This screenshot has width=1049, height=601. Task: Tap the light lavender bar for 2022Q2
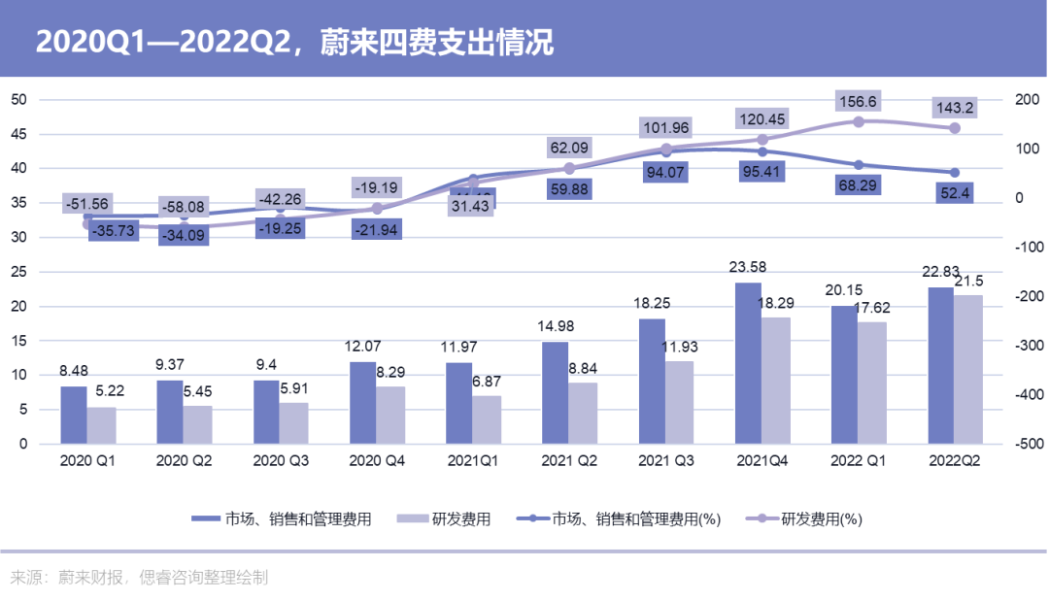click(968, 369)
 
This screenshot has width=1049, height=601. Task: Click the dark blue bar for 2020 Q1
click(73, 415)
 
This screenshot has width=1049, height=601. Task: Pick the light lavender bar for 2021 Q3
click(680, 402)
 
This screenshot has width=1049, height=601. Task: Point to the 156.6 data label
click(857, 101)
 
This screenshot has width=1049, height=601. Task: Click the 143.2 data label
click(953, 107)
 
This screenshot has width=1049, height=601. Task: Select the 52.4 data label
click(953, 193)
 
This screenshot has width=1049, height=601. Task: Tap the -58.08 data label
click(184, 207)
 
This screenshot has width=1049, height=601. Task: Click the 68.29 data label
click(857, 184)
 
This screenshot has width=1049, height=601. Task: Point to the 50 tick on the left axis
click(18, 100)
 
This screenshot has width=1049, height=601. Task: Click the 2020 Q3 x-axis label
click(280, 461)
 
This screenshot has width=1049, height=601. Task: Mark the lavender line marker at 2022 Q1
click(858, 121)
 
